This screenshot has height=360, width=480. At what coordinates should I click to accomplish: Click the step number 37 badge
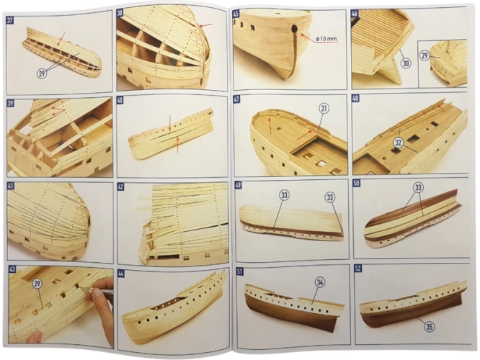tap(10, 20)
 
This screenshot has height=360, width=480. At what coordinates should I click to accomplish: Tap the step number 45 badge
tap(236, 14)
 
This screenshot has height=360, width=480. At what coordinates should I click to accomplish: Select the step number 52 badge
tap(357, 269)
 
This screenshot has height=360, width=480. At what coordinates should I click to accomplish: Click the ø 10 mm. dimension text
tap(327, 39)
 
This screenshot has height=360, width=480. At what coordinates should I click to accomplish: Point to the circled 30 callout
tap(405, 63)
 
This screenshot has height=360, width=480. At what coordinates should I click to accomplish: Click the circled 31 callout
tap(324, 108)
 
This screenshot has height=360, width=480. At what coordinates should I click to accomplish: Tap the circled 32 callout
tap(398, 143)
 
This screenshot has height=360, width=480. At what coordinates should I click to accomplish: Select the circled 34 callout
tap(320, 283)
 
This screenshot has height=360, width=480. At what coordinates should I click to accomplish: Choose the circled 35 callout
tap(430, 327)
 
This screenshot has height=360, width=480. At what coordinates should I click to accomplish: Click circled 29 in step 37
tap(42, 73)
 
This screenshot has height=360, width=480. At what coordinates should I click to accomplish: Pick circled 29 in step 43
tap(37, 284)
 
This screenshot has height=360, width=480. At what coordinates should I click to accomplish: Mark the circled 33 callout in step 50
tap(419, 187)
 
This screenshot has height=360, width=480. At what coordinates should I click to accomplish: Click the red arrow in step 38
tap(206, 24)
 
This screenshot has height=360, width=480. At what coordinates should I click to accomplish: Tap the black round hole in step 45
tap(294, 30)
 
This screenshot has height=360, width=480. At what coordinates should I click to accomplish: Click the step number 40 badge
tap(120, 100)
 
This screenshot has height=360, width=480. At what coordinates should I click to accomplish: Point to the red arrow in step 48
tap(441, 107)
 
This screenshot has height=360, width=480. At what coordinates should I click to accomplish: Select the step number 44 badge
tap(120, 273)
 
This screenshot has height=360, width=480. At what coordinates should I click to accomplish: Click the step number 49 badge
tap(237, 184)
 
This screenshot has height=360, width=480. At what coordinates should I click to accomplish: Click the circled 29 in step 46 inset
tap(425, 55)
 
